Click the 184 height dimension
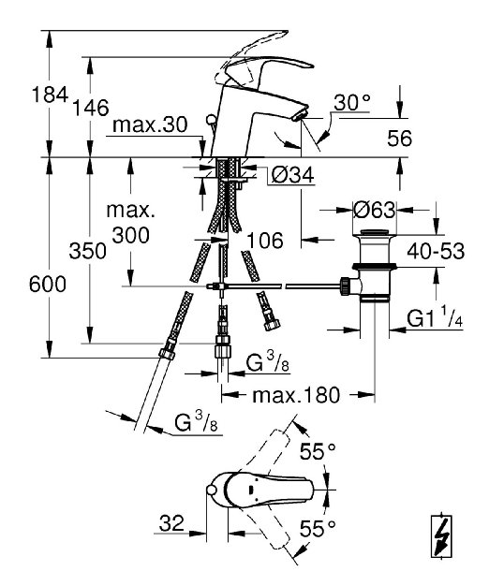50,95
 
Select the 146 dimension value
90,108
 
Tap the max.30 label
150,125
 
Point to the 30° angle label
352,102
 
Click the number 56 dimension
400,139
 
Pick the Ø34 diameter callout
292,174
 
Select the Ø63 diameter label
374,210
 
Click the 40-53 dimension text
436,251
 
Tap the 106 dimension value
265,241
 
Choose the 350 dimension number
87,251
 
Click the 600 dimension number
48,284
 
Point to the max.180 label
296,395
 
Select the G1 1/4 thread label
435,318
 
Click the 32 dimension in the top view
171,523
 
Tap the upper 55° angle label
318,451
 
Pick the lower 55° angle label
318,529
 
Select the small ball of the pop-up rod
211,120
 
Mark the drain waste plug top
374,234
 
